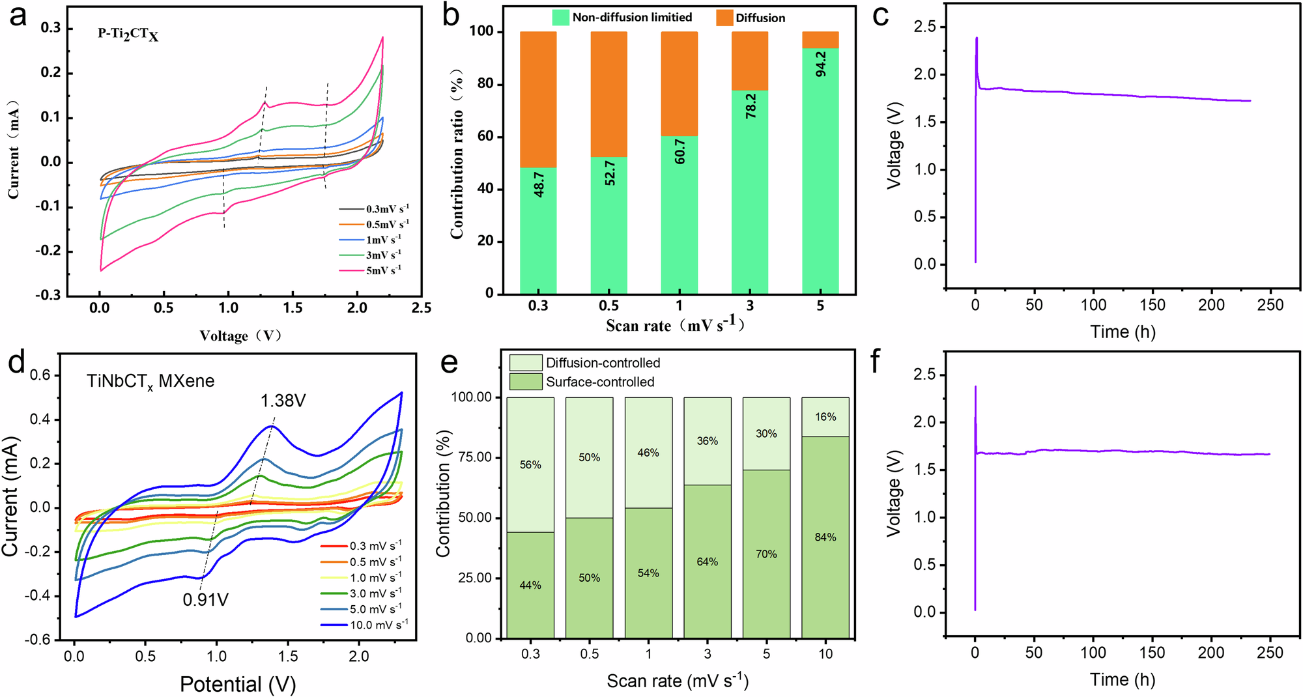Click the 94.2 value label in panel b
click(x=821, y=64)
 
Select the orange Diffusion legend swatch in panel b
click(x=724, y=18)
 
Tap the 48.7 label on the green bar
click(x=539, y=185)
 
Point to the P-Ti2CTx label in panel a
click(x=128, y=34)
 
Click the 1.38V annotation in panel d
click(x=283, y=401)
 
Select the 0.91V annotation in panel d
click(x=205, y=599)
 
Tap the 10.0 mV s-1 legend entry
click(x=379, y=625)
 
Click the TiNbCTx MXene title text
click(x=150, y=381)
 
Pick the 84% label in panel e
click(x=825, y=537)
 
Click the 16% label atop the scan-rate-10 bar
click(x=825, y=417)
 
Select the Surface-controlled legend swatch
click(x=525, y=382)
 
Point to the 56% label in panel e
click(x=530, y=464)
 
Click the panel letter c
click(x=880, y=16)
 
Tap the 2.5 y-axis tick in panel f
click(x=924, y=375)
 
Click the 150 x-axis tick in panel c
click(x=1153, y=305)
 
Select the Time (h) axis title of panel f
click(x=1123, y=679)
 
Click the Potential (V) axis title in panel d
click(x=238, y=684)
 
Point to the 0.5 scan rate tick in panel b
click(x=609, y=306)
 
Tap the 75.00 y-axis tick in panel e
click(x=474, y=457)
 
